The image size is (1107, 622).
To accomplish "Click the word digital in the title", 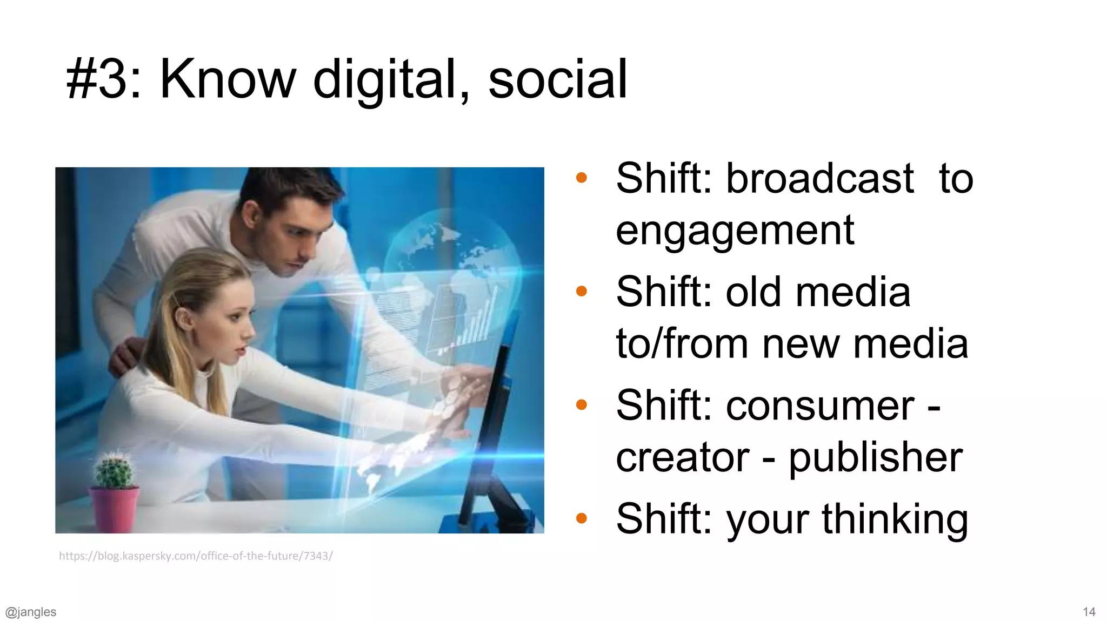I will pos(385,80).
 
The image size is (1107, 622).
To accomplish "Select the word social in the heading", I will pos(557,80).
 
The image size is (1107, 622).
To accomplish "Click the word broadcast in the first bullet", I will pos(819,179).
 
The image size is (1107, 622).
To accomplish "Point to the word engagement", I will pos(735,231).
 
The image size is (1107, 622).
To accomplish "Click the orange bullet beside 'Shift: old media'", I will pos(582,292).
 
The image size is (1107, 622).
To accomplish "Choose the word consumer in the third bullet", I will pos(820,405).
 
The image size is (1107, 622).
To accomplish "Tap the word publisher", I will pos(876,458).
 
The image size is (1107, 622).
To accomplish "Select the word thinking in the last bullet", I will pos(895,519).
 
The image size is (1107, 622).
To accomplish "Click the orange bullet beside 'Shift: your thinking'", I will pos(582,519).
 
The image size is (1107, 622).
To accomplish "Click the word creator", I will pos(683,458).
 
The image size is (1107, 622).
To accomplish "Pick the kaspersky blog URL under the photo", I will pos(196,556).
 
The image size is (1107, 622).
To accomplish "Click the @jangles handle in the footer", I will pos(31,612).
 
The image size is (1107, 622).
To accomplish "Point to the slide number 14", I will pos(1089,612).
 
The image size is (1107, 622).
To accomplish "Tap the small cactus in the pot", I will pos(114,470).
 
